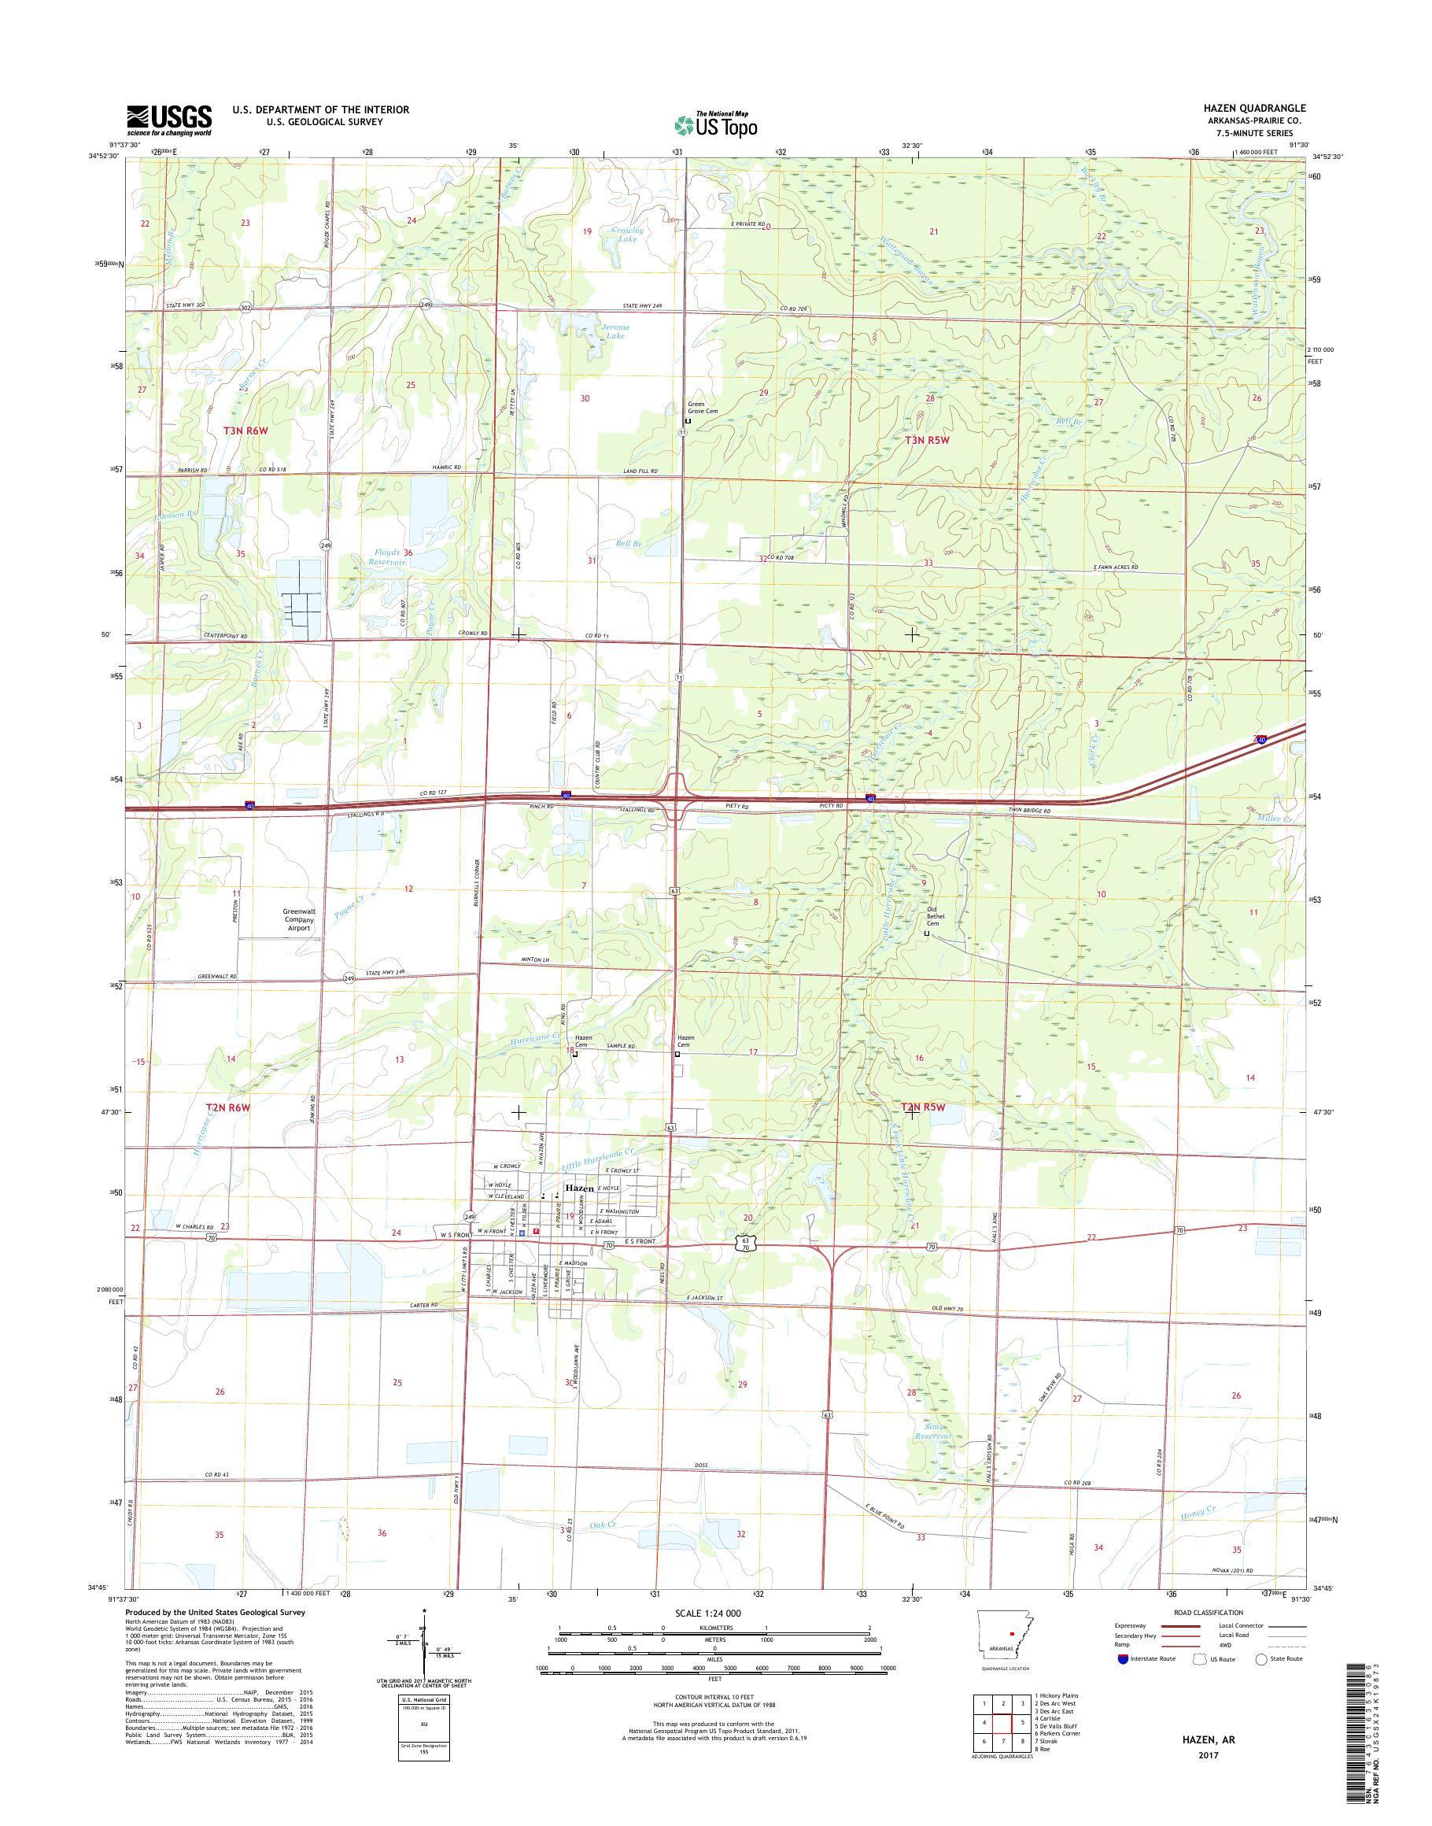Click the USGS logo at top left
coord(168,120)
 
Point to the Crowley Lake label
coord(626,234)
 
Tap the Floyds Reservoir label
coord(388,558)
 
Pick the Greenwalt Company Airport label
coord(299,920)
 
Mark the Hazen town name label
coord(579,1188)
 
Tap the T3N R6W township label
coord(245,431)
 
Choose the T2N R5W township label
coord(922,1108)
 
